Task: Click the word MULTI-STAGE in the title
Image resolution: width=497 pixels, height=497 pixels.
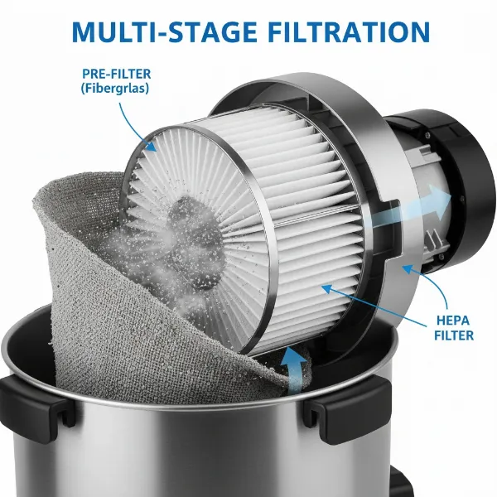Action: coord(164,31)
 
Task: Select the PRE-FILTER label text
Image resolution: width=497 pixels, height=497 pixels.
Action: coord(116,74)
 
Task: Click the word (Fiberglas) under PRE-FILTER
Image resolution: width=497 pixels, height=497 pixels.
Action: coord(115,89)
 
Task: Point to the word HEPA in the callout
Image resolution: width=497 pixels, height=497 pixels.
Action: coord(453,321)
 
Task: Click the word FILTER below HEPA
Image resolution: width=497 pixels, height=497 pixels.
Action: coord(454,335)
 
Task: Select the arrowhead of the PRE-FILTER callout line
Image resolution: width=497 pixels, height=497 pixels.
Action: coord(152,146)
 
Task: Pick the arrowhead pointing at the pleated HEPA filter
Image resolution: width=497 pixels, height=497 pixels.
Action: coord(327,289)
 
